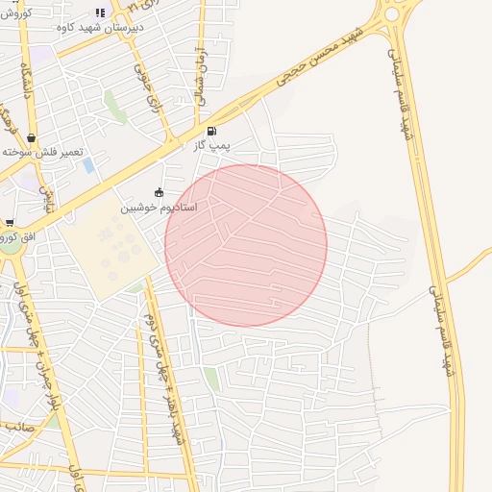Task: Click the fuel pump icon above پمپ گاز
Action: coord(211,131)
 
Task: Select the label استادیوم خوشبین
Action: coord(160,207)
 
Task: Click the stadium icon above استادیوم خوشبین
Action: coord(160,191)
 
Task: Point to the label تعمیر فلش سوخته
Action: coord(42,152)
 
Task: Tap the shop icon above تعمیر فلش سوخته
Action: coord(32,137)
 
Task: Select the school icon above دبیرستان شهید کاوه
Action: coord(100,12)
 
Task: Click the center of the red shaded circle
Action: coord(246,245)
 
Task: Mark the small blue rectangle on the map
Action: coord(89,164)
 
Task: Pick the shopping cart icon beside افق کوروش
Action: coord(8,223)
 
